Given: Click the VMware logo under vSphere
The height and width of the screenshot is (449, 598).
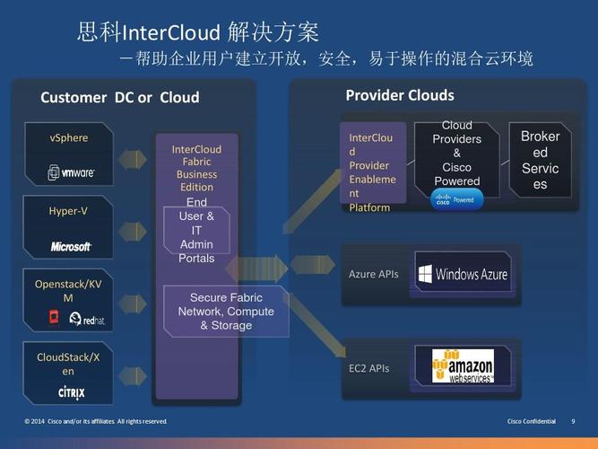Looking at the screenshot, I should coord(72,172).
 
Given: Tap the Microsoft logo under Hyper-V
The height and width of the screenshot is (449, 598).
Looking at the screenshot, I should coord(71,246).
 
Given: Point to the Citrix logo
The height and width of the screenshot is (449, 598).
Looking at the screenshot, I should coord(71,392).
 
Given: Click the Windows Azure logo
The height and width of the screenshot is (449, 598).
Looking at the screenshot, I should coord(463,274).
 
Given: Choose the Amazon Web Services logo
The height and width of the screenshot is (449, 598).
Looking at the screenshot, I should coord(463,366).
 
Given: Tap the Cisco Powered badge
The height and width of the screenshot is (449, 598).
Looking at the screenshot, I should coord(457,200).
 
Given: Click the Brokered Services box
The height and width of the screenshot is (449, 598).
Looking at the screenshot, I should coord(540,160).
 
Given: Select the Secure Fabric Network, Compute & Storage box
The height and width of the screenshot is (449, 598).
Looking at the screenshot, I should coord(225,312).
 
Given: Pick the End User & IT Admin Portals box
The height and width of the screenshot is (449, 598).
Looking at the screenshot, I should coord(197,231).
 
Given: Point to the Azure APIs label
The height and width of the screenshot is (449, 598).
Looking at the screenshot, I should coord(373,274).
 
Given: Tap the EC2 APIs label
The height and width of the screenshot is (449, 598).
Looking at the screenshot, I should coord(368,368).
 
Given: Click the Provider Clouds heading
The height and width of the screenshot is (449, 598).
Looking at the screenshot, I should coord(399,95).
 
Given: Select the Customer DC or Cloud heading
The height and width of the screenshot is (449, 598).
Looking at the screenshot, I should coord(119,97).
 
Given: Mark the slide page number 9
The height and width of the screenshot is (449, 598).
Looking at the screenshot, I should coord(573,421).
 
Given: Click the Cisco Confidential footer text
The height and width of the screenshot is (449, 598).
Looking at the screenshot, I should coord(532,421).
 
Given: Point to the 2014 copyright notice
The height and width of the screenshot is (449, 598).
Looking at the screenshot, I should coord(96,421).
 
